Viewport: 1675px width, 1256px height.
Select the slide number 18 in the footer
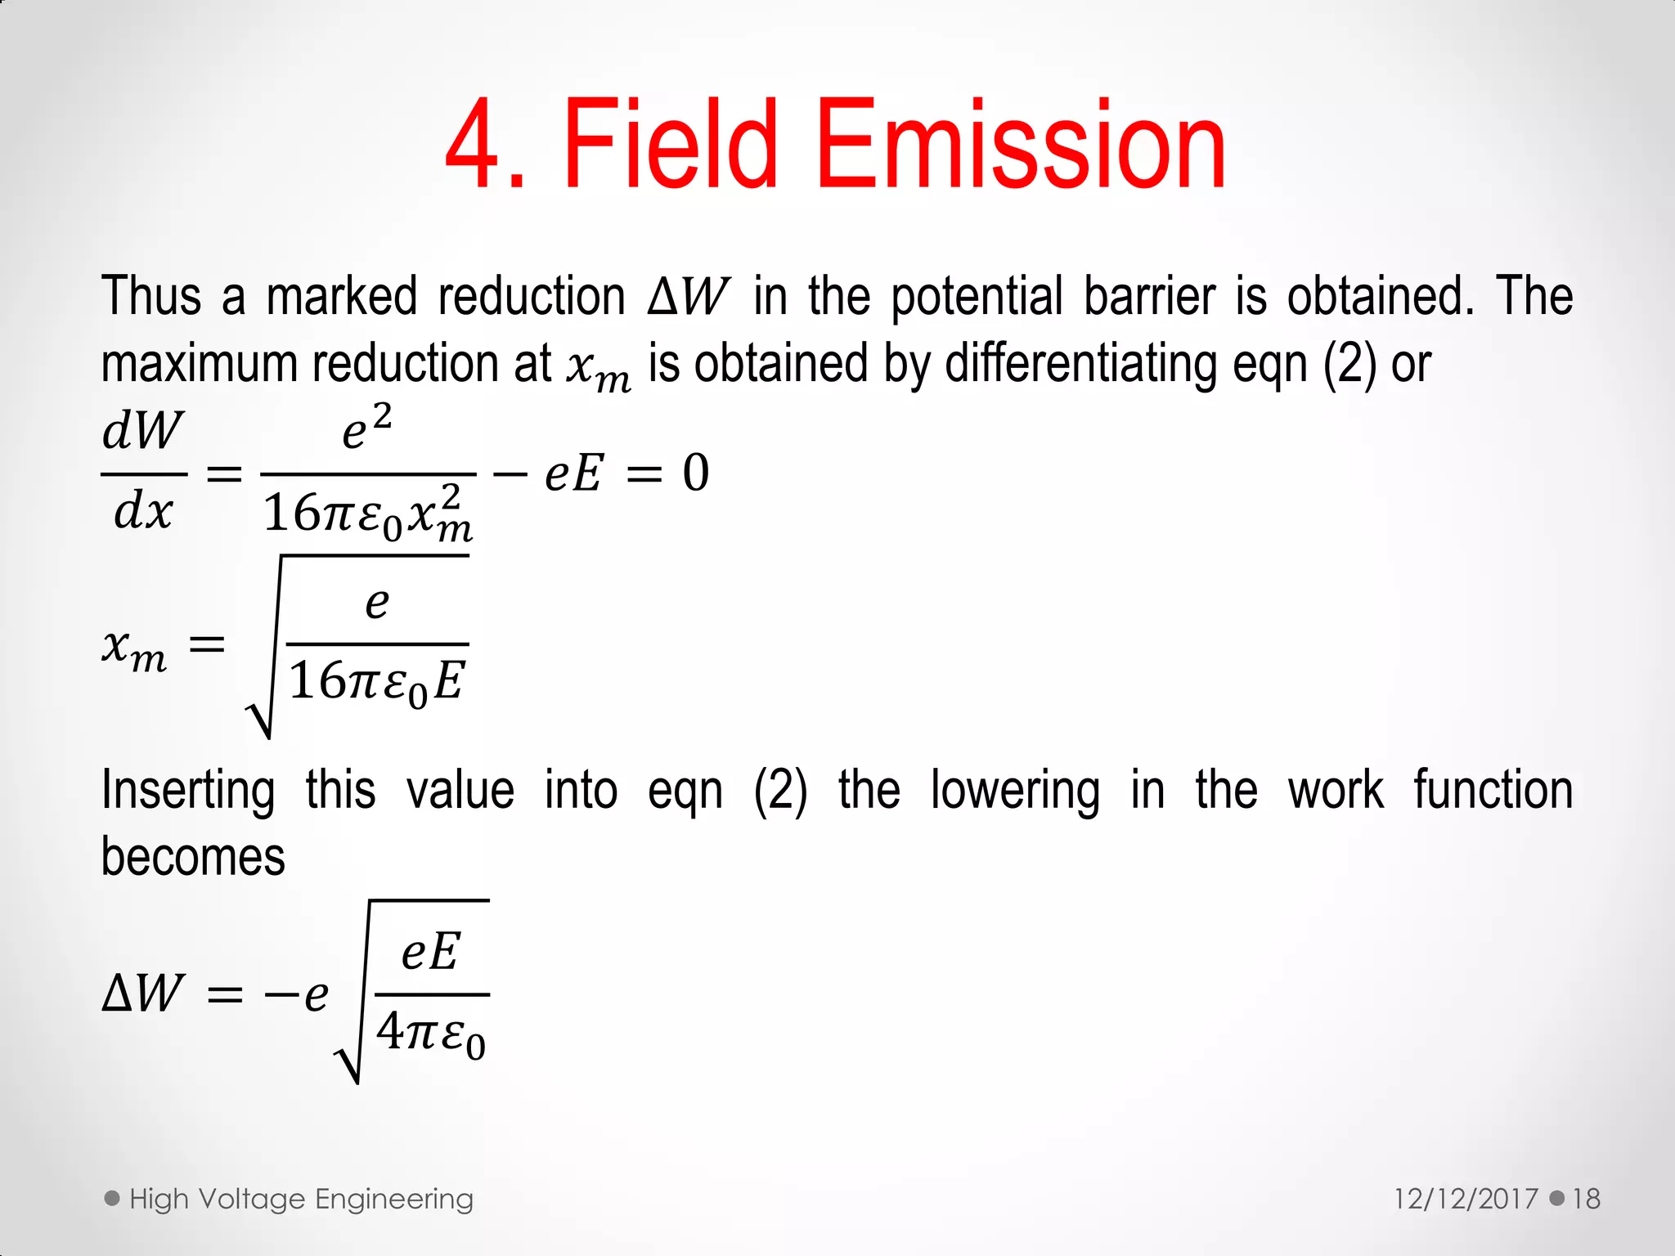[1586, 1199]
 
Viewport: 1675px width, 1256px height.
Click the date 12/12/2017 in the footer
[1466, 1199]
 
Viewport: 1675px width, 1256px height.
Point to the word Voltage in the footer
[253, 1199]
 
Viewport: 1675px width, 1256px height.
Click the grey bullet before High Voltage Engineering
[112, 1198]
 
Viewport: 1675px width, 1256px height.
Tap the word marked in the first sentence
[341, 296]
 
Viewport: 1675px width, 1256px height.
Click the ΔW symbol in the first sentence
[687, 297]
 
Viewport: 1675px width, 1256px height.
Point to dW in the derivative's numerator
[143, 431]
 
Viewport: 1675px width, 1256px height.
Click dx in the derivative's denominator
[143, 513]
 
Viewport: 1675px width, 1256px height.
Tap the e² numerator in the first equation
[366, 428]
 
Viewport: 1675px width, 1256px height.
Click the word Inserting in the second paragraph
[188, 791]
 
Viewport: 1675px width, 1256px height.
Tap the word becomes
[193, 857]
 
